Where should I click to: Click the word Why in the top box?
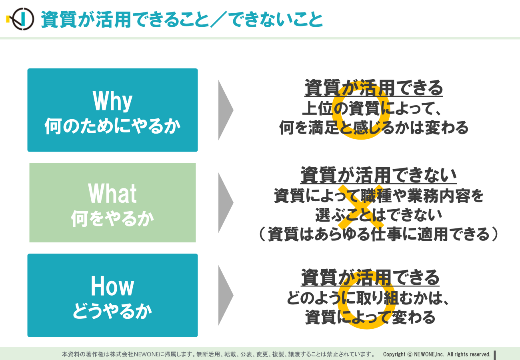(112, 101)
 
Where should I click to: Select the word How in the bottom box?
(112, 286)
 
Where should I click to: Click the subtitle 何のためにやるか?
(112, 126)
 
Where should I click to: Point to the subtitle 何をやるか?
(112, 218)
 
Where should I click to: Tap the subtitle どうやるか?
(112, 311)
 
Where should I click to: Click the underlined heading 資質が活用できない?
(378, 175)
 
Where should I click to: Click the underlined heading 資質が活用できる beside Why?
(374, 88)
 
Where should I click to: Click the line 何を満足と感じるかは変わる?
(374, 128)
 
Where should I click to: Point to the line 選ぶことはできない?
(379, 215)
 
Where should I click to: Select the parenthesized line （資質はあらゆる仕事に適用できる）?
(378, 234)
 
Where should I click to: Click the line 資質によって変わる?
(370, 317)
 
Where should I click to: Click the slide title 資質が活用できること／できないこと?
(182, 20)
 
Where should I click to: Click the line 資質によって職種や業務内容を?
(379, 196)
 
